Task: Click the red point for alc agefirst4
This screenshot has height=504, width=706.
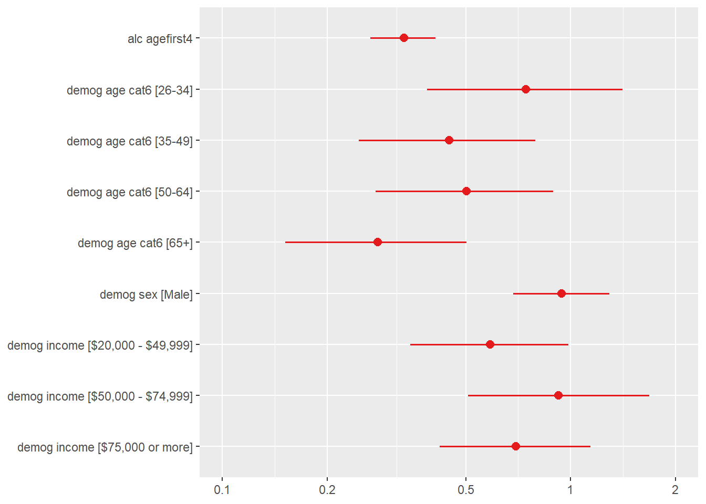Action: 403,38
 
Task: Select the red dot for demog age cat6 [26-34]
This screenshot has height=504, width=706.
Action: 525,89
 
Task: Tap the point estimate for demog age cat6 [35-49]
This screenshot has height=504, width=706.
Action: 449,140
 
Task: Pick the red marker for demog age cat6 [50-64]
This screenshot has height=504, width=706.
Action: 466,191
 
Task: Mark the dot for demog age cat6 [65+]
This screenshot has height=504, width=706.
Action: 377,242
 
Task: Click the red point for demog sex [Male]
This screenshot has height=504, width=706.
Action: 561,293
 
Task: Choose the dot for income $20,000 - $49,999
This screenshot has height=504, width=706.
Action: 490,344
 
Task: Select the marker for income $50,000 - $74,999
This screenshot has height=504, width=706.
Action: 558,395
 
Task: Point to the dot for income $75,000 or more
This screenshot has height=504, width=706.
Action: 515,446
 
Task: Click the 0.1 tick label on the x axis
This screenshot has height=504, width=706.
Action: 222,490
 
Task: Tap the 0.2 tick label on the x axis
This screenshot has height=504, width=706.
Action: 327,490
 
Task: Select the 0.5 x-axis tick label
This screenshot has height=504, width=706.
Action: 465,490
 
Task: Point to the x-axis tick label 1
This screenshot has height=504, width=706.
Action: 570,490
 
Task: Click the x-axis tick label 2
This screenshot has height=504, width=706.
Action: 675,490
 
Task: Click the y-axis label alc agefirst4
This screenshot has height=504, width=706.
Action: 160,39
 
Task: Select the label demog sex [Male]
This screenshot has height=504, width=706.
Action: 146,295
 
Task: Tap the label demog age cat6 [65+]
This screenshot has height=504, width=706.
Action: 135,243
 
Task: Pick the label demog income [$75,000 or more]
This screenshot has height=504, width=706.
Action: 105,447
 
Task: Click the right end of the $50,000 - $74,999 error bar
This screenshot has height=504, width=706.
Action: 649,395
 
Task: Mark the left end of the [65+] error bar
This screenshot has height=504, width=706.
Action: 286,242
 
